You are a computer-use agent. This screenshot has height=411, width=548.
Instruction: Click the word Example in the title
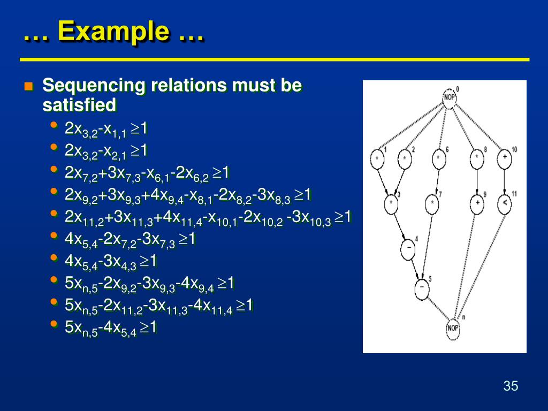tap(113, 31)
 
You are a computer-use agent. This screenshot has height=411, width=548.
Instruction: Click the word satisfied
tap(79, 105)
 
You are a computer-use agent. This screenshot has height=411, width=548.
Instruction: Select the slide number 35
tap(511, 386)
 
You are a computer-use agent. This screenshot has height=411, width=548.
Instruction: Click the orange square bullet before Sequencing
tap(29, 86)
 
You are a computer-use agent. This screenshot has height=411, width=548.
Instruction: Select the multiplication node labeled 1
tap(378, 159)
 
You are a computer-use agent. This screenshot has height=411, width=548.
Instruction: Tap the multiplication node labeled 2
tap(405, 159)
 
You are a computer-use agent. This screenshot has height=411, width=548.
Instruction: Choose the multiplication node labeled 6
tap(438, 159)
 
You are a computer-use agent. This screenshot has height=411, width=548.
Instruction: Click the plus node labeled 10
tap(504, 158)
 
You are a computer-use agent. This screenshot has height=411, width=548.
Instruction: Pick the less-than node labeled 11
tap(504, 203)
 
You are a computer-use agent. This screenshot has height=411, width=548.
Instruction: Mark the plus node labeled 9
tap(476, 203)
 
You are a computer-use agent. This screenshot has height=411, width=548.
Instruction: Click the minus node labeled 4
tap(408, 249)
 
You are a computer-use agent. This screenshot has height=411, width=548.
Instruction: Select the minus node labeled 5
tap(422, 288)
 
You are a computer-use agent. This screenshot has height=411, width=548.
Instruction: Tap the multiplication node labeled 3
tap(391, 203)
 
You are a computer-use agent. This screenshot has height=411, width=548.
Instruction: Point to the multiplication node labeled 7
tap(432, 203)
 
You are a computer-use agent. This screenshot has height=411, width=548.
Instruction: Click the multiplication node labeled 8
tap(476, 158)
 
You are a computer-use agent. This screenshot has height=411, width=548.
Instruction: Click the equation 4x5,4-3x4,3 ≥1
tap(110, 262)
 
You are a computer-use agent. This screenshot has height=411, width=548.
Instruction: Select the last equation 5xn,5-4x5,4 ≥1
tap(110, 328)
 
